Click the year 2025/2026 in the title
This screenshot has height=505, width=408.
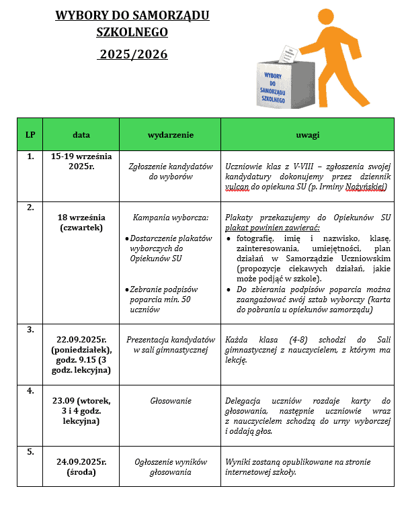(132, 54)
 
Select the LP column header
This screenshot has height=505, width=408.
(30, 134)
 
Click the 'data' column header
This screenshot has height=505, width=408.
(81, 134)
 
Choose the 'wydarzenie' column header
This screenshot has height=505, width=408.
(170, 134)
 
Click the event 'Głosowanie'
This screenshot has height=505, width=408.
(170, 401)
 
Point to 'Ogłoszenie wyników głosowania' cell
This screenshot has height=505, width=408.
(170, 467)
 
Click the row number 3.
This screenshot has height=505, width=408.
(30, 330)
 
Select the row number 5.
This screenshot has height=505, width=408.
(30, 452)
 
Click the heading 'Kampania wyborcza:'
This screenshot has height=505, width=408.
(171, 218)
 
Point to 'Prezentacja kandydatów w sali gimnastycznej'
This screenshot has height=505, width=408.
(171, 345)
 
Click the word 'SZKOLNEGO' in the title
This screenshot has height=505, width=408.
(132, 32)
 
